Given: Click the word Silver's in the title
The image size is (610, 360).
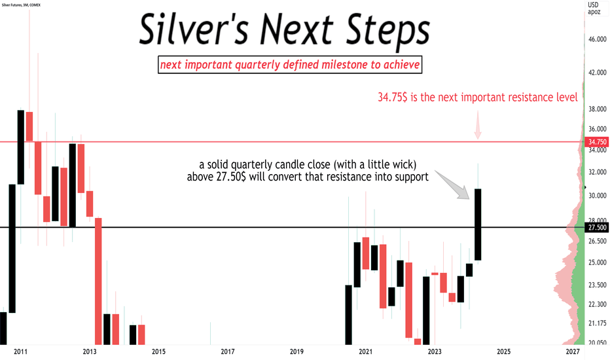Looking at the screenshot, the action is click(193, 29).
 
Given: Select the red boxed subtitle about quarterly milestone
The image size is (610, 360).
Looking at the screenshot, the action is click(290, 65).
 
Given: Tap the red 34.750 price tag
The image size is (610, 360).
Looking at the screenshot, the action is click(597, 142).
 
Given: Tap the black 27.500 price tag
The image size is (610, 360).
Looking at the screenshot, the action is click(597, 228).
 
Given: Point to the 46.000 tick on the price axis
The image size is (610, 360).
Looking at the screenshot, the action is click(597, 39).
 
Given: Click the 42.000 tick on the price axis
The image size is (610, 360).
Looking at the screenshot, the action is click(597, 73).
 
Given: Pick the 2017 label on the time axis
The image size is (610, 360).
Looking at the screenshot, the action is click(228, 352).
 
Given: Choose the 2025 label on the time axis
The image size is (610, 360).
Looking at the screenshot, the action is click(503, 352).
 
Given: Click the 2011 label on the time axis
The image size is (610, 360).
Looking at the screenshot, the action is click(21, 352).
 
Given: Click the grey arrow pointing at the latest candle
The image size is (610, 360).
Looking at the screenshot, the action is click(452, 185).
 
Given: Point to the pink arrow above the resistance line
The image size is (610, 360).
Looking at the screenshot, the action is click(478, 125).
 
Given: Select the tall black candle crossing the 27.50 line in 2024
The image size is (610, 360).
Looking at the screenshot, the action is click(478, 225).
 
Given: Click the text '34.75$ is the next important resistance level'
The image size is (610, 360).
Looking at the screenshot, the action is click(478, 97).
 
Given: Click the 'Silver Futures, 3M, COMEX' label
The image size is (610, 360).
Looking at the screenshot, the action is click(21, 5).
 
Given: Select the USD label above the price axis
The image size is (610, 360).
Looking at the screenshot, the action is click(593, 5).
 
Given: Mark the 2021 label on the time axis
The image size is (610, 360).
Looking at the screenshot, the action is click(365, 352).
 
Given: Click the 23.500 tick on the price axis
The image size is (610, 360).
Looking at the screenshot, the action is click(597, 285).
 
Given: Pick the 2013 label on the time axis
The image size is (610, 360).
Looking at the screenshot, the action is click(90, 352).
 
